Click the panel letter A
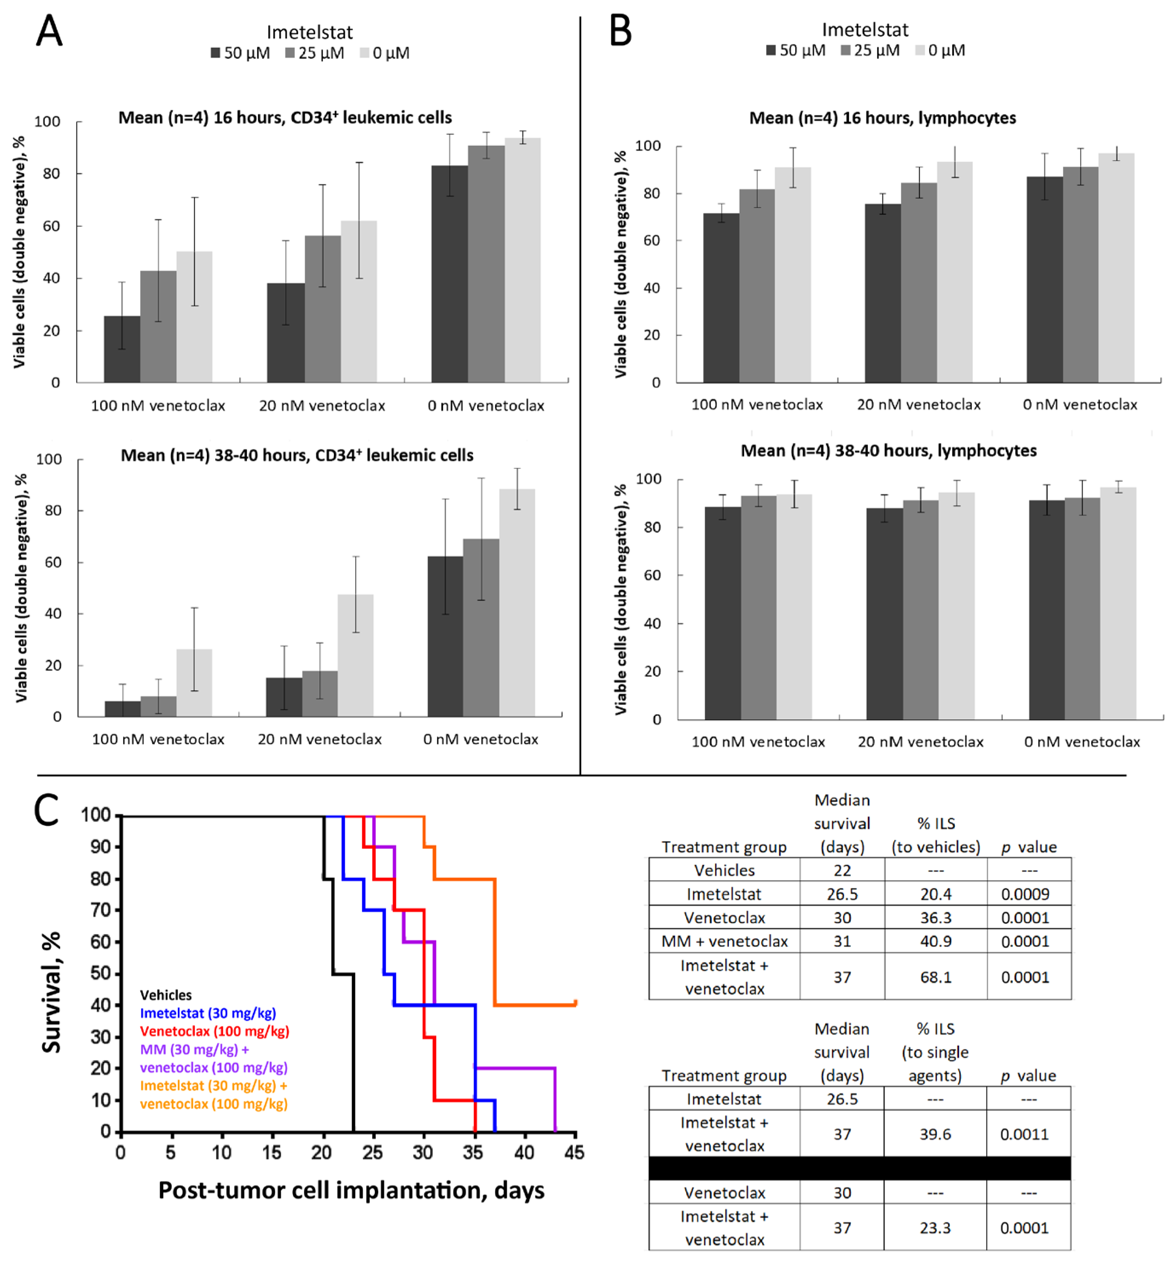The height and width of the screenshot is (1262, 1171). [x=49, y=30]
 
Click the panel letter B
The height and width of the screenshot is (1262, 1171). [x=620, y=30]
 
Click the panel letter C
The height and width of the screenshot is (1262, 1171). [x=46, y=810]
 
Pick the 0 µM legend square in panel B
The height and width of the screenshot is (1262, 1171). [x=920, y=50]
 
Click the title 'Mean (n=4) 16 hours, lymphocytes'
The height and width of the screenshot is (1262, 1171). [x=882, y=118]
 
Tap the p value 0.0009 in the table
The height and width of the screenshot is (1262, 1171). [x=1025, y=894]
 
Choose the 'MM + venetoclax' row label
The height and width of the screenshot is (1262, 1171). [x=724, y=941]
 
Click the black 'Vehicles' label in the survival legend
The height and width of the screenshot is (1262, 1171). [x=165, y=995]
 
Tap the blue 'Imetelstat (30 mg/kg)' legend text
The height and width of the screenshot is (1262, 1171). [x=208, y=1013]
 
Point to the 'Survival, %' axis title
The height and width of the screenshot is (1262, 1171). [x=51, y=992]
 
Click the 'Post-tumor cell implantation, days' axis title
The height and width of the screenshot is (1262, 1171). [x=351, y=1190]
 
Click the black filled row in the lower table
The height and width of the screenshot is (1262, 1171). [x=860, y=1168]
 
